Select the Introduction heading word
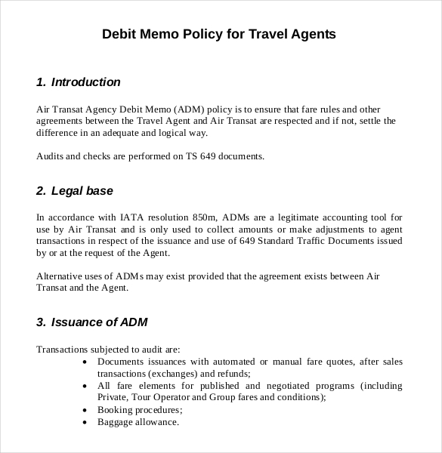[x=85, y=82]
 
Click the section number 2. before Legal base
[x=41, y=191]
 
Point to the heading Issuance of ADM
[x=99, y=322]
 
